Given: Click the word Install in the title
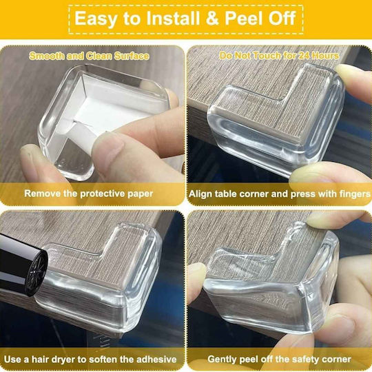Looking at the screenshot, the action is point(173,19).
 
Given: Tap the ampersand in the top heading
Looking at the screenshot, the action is point(212,19).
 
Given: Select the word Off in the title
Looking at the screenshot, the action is point(282,19).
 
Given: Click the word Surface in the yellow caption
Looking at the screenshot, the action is point(132,56).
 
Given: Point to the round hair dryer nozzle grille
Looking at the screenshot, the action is point(37,272).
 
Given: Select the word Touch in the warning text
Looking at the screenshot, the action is point(267,56).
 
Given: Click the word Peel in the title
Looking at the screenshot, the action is point(243,19).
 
